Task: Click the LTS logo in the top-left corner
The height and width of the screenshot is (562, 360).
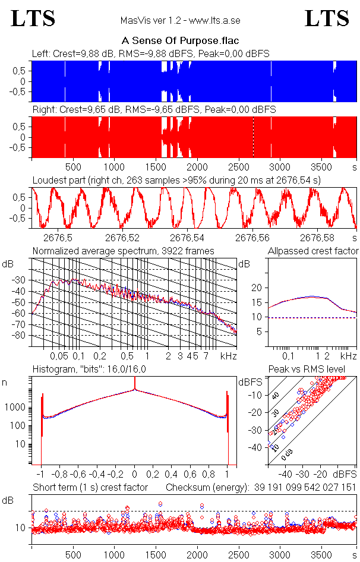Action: point(33,18)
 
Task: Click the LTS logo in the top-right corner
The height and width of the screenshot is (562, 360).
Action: point(326,18)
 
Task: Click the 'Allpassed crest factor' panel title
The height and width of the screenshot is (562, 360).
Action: point(313,251)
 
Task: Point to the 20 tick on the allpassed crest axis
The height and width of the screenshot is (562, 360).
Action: point(257,288)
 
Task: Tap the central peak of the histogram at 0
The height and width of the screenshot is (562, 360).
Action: point(135,390)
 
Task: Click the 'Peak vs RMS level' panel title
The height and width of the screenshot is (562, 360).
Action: point(315,370)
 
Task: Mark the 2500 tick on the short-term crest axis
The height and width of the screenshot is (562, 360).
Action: point(238,553)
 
